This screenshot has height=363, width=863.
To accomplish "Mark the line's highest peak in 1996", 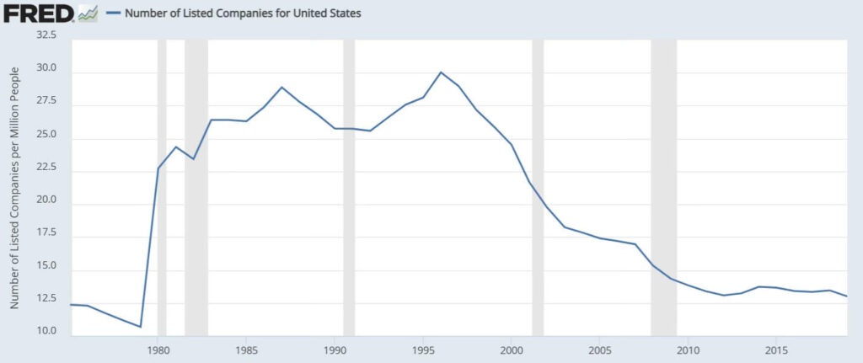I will point(441,72).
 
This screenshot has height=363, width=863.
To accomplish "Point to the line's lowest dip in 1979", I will point(140,327).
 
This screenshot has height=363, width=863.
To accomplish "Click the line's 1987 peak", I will point(281,88).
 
